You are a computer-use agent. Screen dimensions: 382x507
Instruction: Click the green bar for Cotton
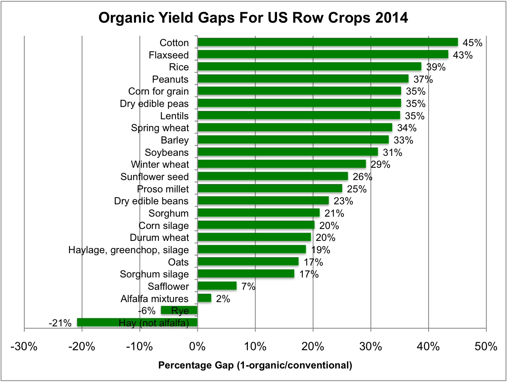(x=328, y=43)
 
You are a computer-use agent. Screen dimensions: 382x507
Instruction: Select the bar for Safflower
(x=217, y=286)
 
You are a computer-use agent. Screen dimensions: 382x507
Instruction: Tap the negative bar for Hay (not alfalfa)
(x=137, y=322)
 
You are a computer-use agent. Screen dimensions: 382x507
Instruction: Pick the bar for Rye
(x=179, y=310)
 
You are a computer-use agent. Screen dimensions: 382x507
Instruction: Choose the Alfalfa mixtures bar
(x=204, y=298)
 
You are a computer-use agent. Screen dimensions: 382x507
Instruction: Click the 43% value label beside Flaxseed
(x=463, y=55)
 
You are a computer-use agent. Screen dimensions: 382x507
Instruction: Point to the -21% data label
(x=60, y=323)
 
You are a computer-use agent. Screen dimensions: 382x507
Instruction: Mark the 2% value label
(x=223, y=299)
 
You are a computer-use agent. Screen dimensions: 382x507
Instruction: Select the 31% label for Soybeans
(x=392, y=153)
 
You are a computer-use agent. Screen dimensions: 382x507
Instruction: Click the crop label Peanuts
(x=170, y=80)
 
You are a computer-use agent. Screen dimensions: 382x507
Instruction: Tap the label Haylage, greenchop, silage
(x=129, y=250)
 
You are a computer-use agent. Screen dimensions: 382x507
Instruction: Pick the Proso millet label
(x=163, y=189)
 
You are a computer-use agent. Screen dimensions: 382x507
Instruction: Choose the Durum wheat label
(x=159, y=238)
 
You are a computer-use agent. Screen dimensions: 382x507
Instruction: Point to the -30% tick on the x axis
(x=24, y=347)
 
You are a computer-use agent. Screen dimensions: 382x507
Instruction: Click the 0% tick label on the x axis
(x=197, y=347)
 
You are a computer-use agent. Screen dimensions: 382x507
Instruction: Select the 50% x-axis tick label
(x=486, y=347)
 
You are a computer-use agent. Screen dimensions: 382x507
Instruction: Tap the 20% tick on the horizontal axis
(x=313, y=347)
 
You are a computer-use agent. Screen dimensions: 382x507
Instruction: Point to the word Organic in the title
(x=122, y=18)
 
